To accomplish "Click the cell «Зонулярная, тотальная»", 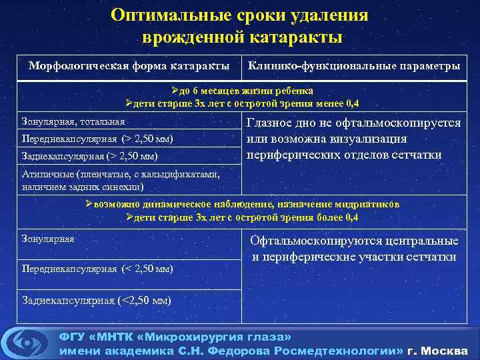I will pos(73,122).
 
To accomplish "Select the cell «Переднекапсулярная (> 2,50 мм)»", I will pos(97,139).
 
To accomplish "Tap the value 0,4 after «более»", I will pos(351,217).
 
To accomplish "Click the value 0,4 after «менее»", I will pos(351,103).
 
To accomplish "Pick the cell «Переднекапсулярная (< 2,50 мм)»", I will pos(97,269).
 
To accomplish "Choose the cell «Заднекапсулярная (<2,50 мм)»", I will pos(96,300).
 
